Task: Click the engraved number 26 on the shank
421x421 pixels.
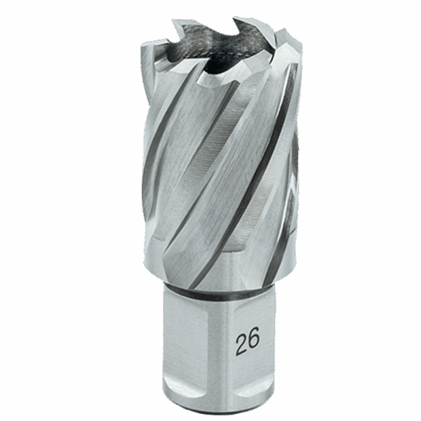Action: click(248, 341)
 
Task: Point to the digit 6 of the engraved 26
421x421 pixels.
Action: click(254, 340)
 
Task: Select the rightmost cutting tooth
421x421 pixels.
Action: click(286, 46)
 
